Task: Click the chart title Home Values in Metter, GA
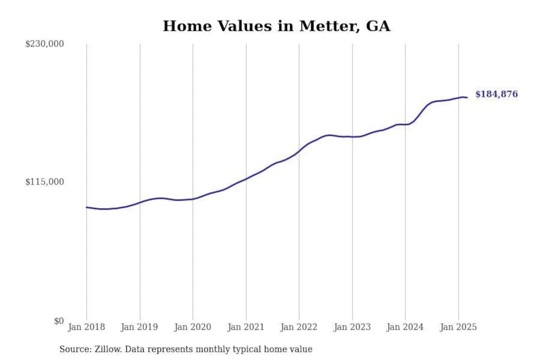[x=276, y=26]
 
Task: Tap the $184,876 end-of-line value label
[x=496, y=94]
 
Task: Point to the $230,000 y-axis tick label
[x=44, y=44]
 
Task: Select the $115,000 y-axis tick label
[x=44, y=182]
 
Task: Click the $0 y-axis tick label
[x=58, y=321]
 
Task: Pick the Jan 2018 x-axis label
[x=86, y=327]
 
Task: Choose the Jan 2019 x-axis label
[x=139, y=327]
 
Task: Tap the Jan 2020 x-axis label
[x=193, y=327]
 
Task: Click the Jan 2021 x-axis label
[x=246, y=327]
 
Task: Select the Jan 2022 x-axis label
[x=299, y=327]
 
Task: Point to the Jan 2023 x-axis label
[x=352, y=327]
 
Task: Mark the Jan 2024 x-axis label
[x=405, y=327]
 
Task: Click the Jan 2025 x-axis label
[x=458, y=327]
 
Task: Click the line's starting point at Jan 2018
[x=87, y=207]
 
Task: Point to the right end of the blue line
[x=467, y=97]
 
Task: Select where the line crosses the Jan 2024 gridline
[x=405, y=124]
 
